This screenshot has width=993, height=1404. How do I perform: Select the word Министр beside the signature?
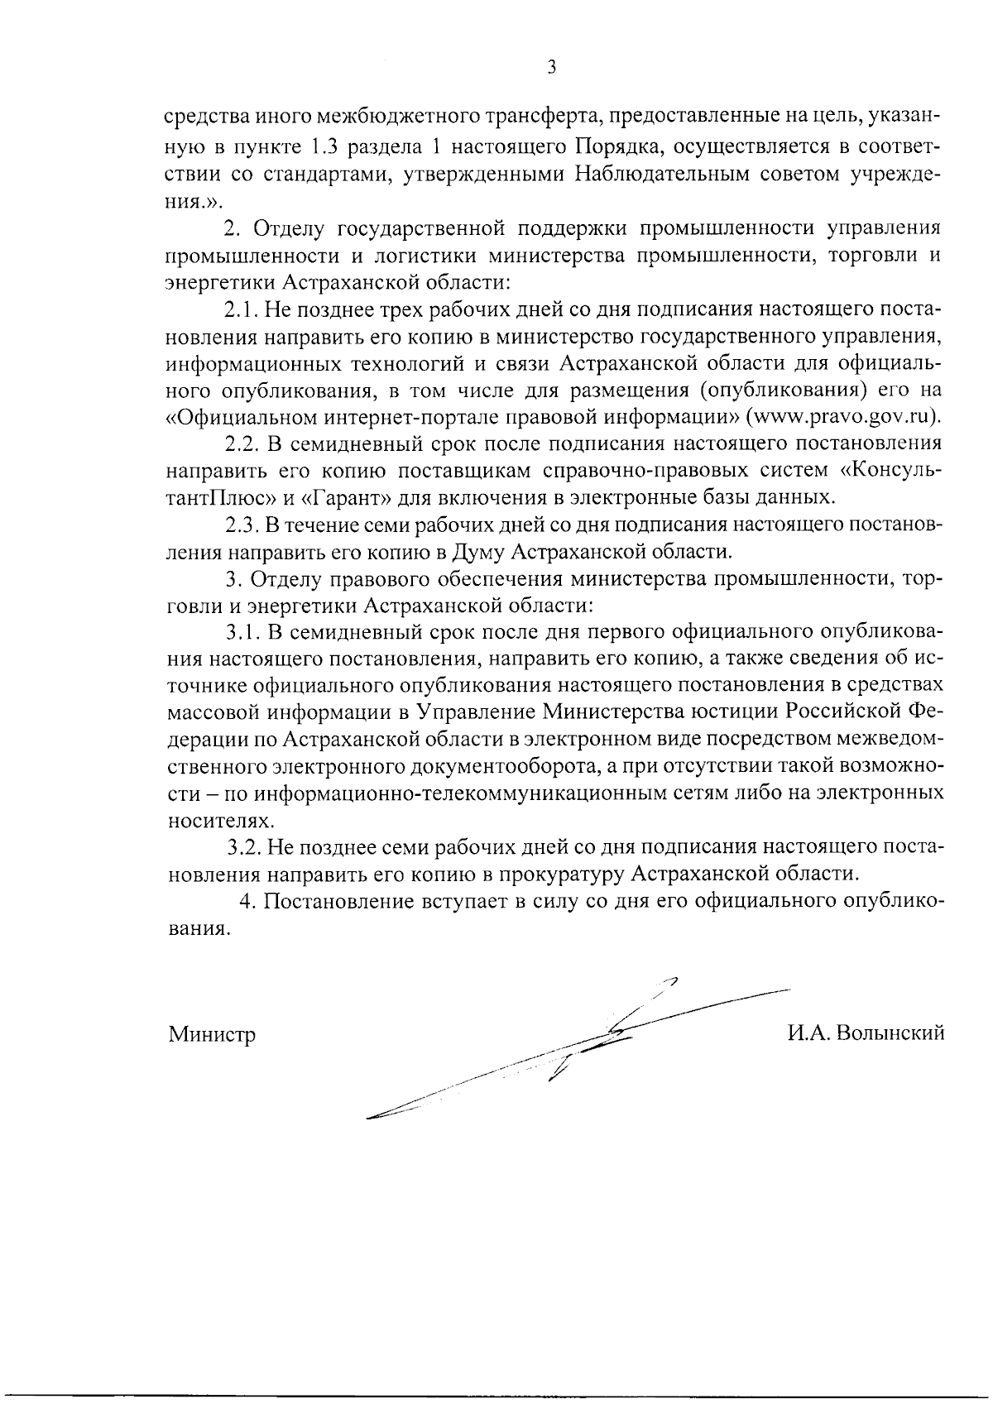pos(212,1034)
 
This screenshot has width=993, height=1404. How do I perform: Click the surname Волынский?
pos(891,1033)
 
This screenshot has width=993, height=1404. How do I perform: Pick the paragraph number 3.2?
pos(246,847)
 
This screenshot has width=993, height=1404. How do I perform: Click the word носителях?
pos(218,820)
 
